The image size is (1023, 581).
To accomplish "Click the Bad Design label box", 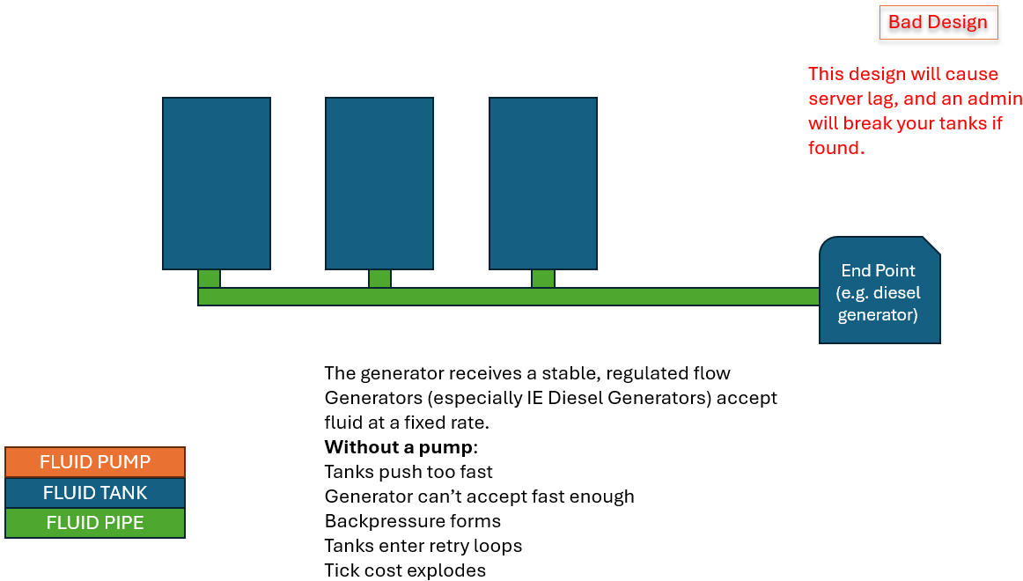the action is pyautogui.click(x=938, y=22).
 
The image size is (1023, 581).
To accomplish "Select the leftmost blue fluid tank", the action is pyautogui.click(x=217, y=183).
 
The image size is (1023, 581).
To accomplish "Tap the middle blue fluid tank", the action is pyautogui.click(x=379, y=183).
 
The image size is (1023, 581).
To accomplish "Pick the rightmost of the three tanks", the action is pyautogui.click(x=543, y=183).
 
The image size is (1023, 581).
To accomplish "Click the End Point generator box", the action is pyautogui.click(x=879, y=290).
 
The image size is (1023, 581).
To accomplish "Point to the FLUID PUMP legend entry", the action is pyautogui.click(x=95, y=461).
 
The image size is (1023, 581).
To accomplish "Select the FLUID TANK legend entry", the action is pyautogui.click(x=95, y=492).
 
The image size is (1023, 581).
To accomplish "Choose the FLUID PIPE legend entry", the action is pyautogui.click(x=95, y=523).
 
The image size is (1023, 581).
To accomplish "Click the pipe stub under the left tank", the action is pyautogui.click(x=209, y=278).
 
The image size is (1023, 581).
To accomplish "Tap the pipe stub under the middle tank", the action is pyautogui.click(x=379, y=278).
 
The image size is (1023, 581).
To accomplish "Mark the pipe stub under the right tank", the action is pyautogui.click(x=543, y=278).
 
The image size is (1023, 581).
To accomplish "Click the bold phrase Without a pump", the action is pyautogui.click(x=399, y=447).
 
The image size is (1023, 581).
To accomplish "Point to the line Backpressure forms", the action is pyautogui.click(x=413, y=521).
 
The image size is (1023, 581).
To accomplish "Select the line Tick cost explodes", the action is pyautogui.click(x=405, y=570).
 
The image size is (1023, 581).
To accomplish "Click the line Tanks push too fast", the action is pyautogui.click(x=408, y=472).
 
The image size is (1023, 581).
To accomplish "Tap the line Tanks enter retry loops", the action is pyautogui.click(x=423, y=546).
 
